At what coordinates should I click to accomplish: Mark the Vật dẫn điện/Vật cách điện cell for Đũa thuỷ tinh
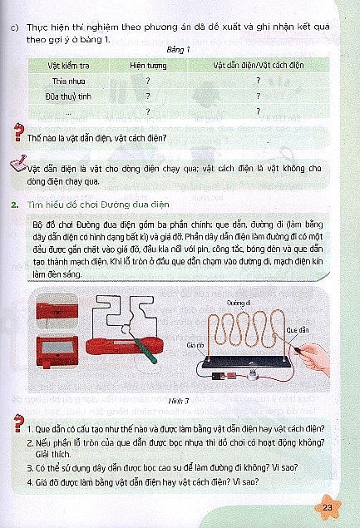(259, 95)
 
